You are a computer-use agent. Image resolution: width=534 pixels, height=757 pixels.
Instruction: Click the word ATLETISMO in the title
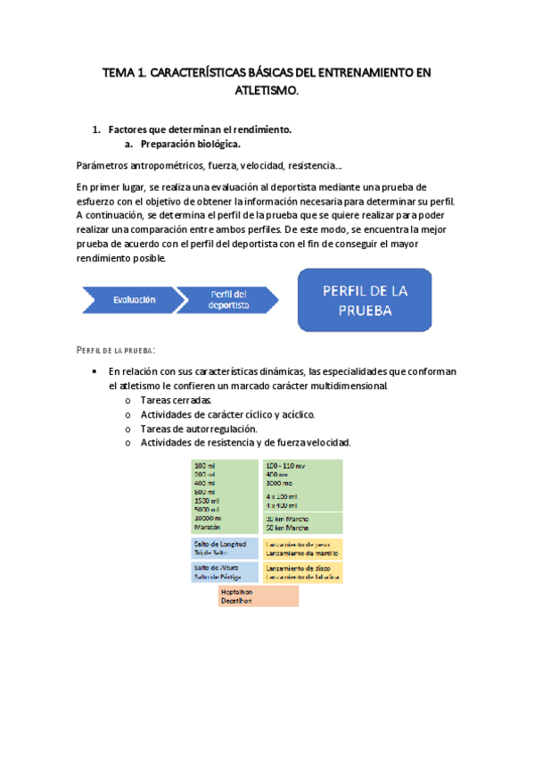click(267, 90)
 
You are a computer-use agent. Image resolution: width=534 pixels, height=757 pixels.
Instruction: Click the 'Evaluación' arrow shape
click(134, 301)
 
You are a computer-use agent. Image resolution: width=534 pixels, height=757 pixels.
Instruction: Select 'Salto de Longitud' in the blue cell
click(221, 543)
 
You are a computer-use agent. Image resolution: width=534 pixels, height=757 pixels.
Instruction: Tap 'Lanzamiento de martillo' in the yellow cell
click(302, 552)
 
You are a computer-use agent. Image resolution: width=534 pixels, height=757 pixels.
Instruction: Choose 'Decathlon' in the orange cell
click(237, 601)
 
